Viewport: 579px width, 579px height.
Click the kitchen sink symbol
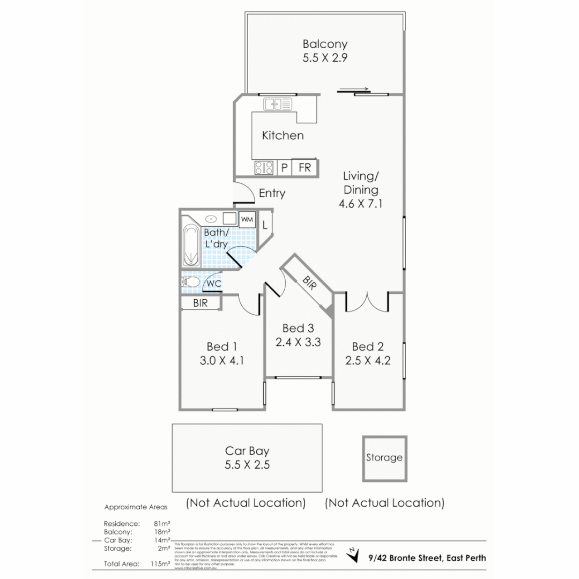277,103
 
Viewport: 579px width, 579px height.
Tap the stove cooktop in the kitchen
264,168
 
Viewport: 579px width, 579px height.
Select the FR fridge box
305,168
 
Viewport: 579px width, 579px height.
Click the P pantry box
284,168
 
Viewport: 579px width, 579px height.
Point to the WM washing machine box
247,219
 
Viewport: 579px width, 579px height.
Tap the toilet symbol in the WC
191,281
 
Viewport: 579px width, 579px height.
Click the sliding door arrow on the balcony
354,90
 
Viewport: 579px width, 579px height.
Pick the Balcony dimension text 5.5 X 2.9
325,58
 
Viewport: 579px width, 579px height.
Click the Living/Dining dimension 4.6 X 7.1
361,204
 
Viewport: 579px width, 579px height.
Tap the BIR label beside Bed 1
201,303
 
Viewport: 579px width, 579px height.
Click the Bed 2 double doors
367,302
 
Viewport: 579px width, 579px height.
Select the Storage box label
384,458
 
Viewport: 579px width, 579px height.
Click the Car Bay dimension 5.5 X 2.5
247,465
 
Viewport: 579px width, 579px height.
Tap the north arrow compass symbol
352,555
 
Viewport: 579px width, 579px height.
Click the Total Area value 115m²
161,563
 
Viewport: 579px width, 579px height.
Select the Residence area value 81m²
161,523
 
